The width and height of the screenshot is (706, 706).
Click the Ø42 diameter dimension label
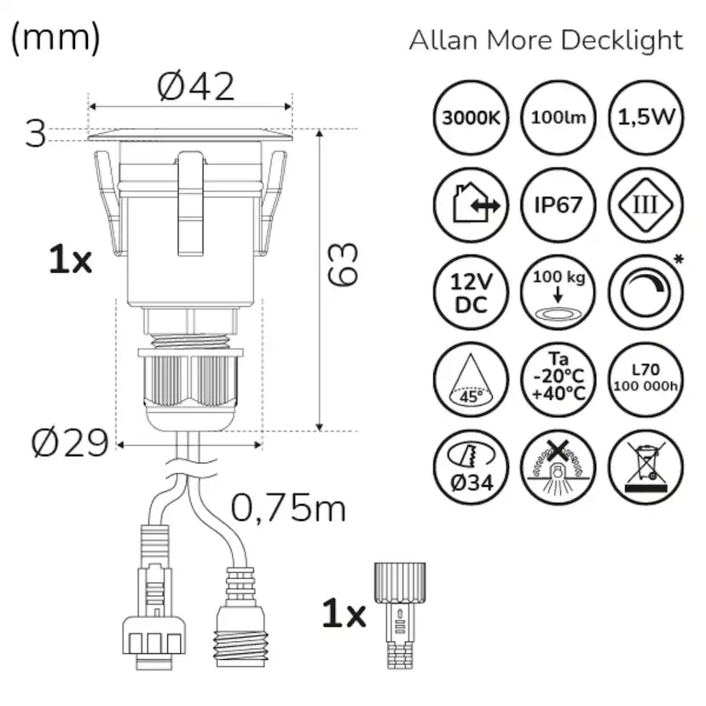[195, 86]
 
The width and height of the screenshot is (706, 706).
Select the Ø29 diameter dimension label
[70, 443]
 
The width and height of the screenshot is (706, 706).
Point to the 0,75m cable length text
[288, 509]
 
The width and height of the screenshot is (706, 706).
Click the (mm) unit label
[55, 38]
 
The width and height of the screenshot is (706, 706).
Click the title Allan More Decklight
[546, 40]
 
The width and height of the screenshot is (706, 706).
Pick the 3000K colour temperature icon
[470, 118]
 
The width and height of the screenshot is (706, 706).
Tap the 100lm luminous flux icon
[558, 118]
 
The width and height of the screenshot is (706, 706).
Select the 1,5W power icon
[645, 118]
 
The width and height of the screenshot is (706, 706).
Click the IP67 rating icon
[558, 205]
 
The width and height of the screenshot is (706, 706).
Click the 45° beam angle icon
[470, 380]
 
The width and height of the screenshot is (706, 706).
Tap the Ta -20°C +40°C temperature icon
[558, 380]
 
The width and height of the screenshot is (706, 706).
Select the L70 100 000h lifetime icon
[645, 380]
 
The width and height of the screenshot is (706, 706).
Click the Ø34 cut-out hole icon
[470, 467]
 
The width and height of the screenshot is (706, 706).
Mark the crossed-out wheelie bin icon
[645, 467]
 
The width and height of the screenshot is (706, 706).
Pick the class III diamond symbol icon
[645, 205]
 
